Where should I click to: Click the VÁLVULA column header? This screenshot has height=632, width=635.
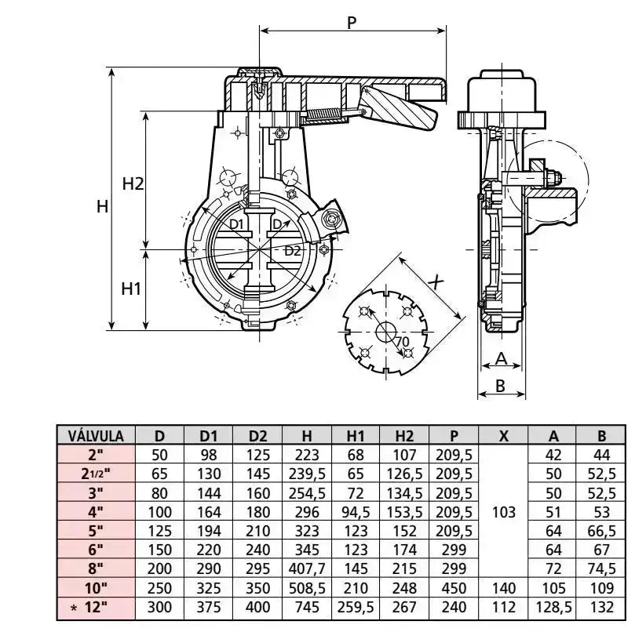click(x=96, y=436)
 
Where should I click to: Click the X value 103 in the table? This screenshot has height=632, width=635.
click(x=503, y=512)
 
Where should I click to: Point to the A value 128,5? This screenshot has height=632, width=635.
click(x=553, y=608)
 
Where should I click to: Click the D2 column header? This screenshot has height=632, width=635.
click(x=258, y=436)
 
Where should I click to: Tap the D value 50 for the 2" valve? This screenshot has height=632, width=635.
click(x=160, y=455)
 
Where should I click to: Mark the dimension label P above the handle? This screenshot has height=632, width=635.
click(x=352, y=22)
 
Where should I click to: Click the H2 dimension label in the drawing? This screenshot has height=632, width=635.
click(x=133, y=184)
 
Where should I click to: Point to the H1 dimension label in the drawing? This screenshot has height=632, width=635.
click(x=131, y=288)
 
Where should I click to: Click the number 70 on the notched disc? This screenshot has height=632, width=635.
click(x=403, y=342)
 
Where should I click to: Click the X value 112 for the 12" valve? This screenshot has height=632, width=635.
click(x=503, y=608)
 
